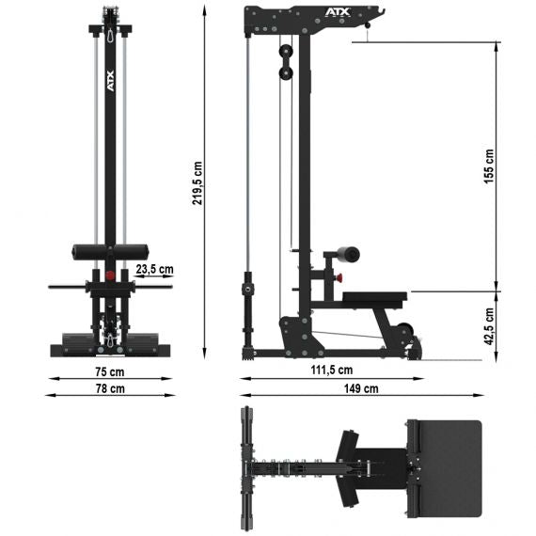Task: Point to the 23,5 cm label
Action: [x=154, y=269]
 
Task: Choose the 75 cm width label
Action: [x=109, y=370]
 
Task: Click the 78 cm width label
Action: [x=109, y=387]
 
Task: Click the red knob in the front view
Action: [x=111, y=276]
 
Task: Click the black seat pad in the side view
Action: [x=373, y=299]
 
